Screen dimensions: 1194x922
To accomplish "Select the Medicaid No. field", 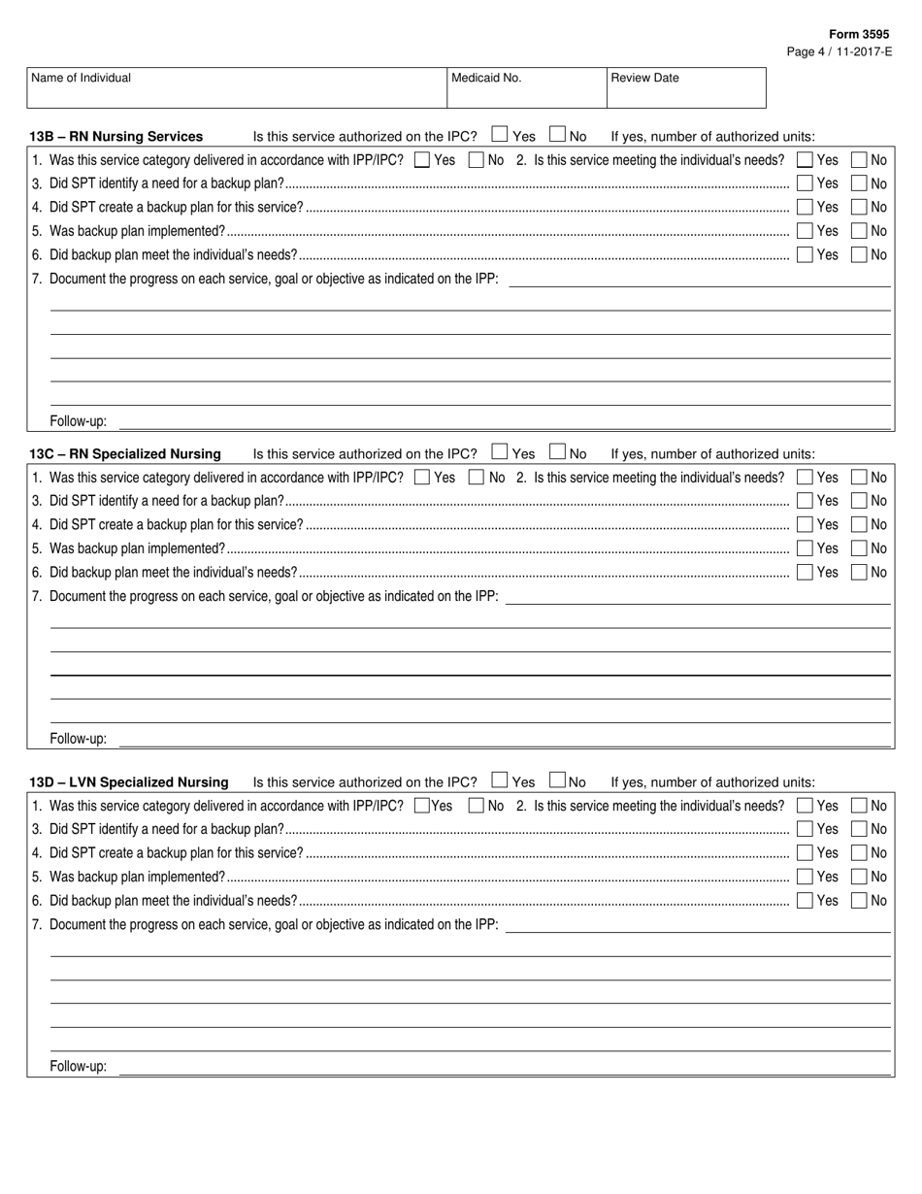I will pyautogui.click(x=525, y=88).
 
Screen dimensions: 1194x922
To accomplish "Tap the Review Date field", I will pyautogui.click(x=685, y=88).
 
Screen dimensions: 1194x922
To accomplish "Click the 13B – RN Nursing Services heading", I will pyautogui.click(x=116, y=137).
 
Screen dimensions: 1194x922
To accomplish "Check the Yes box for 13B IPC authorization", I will pyautogui.click(x=499, y=135).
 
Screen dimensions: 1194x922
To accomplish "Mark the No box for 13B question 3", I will pyautogui.click(x=859, y=183).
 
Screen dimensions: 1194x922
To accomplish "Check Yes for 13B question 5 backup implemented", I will pyautogui.click(x=805, y=231).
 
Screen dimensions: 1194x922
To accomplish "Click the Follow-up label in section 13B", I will pyautogui.click(x=79, y=422).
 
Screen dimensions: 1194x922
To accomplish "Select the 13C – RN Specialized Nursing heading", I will pyautogui.click(x=125, y=454).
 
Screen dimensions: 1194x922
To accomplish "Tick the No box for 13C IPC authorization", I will pyautogui.click(x=557, y=451).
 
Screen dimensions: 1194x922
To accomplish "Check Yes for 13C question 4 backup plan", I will pyautogui.click(x=805, y=525).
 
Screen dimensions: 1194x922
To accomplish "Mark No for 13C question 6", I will pyautogui.click(x=859, y=573).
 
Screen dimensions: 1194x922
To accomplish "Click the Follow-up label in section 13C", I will pyautogui.click(x=79, y=739).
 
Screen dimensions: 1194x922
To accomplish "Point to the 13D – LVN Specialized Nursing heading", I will pyautogui.click(x=129, y=782).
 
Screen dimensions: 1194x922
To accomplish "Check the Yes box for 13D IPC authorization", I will pyautogui.click(x=499, y=779).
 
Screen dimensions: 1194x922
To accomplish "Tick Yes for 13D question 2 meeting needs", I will pyautogui.click(x=805, y=806).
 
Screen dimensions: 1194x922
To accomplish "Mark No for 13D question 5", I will pyautogui.click(x=859, y=877).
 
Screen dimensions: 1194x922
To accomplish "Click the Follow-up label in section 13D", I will pyautogui.click(x=79, y=1067).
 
